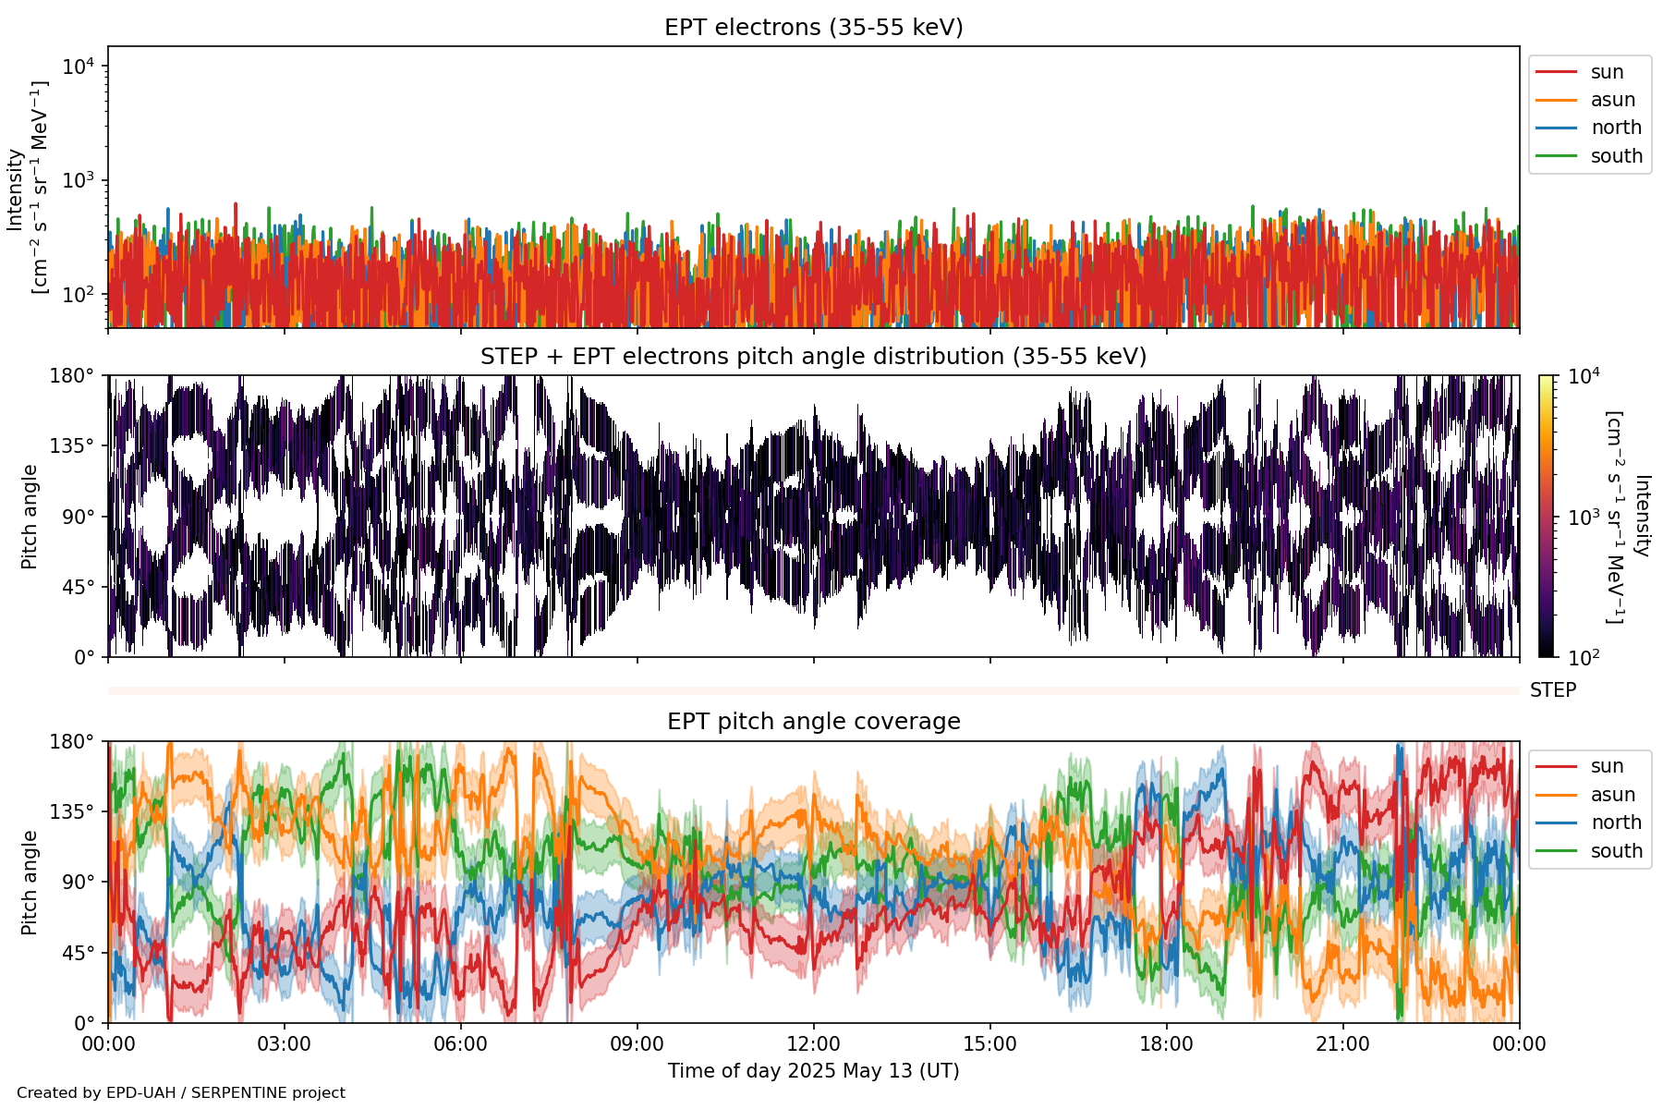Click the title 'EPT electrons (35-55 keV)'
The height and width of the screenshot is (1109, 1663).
(x=813, y=28)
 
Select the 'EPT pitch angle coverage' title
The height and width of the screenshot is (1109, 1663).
(x=813, y=722)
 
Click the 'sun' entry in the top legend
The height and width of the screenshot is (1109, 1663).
(x=1607, y=72)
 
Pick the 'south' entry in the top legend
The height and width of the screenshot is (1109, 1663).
(x=1616, y=156)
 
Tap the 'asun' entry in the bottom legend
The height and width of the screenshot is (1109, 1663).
(x=1612, y=795)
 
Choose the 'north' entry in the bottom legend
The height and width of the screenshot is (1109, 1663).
(x=1616, y=823)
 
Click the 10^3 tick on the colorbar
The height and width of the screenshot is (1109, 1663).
(x=1584, y=518)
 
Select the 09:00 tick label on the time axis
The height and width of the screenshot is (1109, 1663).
(x=637, y=1044)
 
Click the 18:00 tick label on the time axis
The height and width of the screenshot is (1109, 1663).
(x=1166, y=1044)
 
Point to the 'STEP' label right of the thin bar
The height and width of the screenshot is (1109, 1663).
(x=1552, y=690)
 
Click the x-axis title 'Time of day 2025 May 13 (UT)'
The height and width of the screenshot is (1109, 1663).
(x=813, y=1071)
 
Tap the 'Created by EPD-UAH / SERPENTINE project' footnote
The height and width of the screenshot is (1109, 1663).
(x=181, y=1092)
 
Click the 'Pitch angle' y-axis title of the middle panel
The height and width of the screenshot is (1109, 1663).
(x=30, y=517)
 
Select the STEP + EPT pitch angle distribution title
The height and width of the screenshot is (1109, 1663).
(x=813, y=357)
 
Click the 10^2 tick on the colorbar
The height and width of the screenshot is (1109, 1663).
(x=1584, y=658)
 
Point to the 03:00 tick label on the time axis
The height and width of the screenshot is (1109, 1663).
(x=284, y=1044)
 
